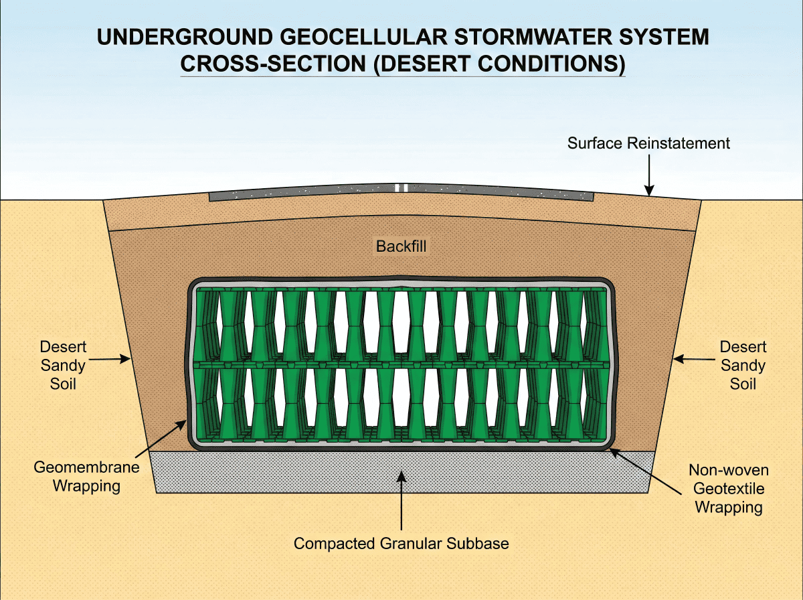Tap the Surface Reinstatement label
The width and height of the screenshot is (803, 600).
click(648, 143)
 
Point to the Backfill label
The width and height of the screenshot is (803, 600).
click(401, 246)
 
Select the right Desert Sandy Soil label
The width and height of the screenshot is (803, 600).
click(743, 366)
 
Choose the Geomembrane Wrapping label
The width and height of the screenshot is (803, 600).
click(87, 476)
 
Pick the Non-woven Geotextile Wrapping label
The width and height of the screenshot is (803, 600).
click(729, 489)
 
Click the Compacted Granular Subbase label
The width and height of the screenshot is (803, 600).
click(401, 544)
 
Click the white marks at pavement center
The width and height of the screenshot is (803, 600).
click(401, 188)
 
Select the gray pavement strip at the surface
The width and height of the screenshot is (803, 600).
click(301, 194)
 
